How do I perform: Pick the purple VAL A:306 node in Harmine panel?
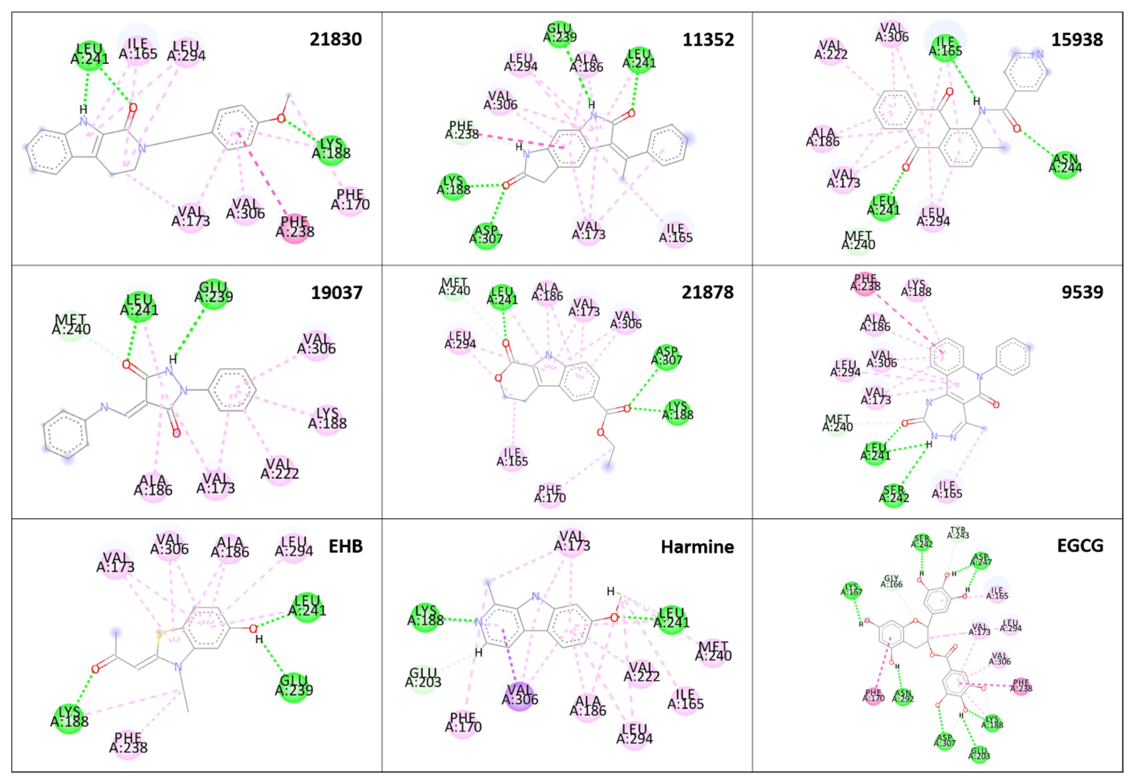(x=519, y=696)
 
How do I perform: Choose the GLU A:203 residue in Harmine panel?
(x=423, y=678)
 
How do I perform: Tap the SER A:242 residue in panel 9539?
(x=893, y=495)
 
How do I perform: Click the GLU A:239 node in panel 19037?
(x=214, y=293)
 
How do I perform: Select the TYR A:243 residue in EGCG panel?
(x=958, y=533)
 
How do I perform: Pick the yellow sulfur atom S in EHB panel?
(x=158, y=634)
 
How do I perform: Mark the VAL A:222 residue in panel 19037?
(x=279, y=469)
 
